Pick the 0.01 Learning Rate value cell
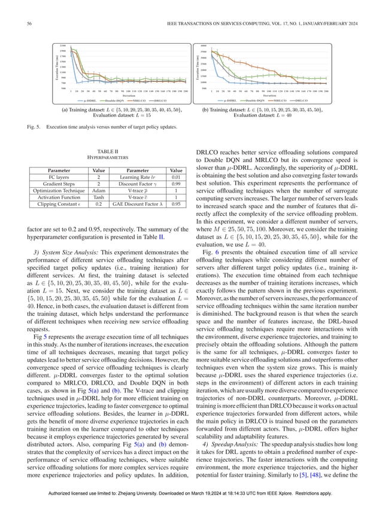(176, 176)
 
